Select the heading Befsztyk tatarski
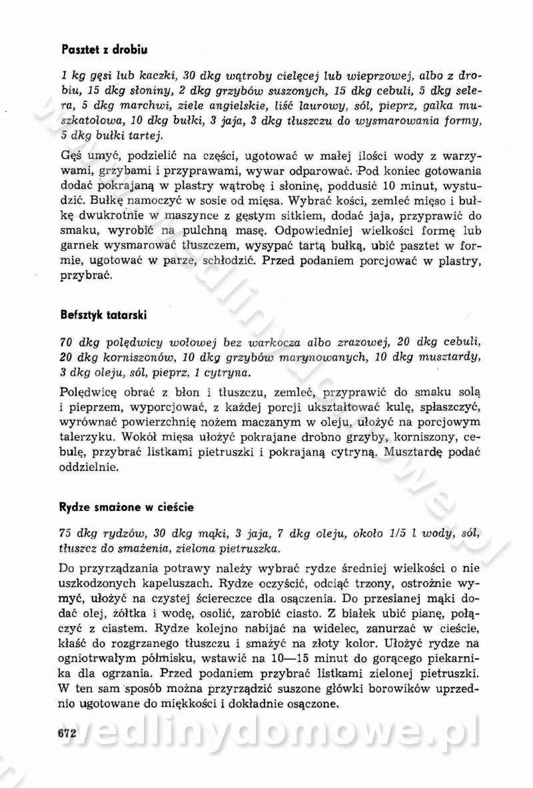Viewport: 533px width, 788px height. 103,314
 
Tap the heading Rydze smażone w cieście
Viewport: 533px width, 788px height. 127,507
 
